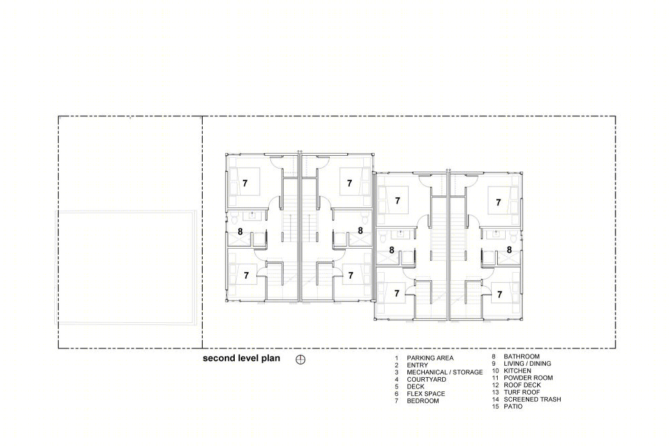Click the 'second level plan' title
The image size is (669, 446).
click(241, 358)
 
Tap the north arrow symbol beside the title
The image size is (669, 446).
click(301, 360)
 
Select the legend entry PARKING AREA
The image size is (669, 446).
click(430, 358)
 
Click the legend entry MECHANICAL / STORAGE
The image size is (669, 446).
click(445, 372)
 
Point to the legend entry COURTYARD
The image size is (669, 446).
click(426, 380)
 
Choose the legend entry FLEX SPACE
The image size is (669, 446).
click(425, 394)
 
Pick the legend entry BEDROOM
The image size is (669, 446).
click(423, 401)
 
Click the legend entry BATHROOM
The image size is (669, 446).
click(521, 356)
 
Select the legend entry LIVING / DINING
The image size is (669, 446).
click(527, 364)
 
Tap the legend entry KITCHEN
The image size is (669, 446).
click(518, 371)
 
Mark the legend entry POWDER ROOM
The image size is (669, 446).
click(529, 378)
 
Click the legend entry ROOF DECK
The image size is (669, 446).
click(522, 385)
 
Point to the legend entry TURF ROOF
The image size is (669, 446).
click(522, 393)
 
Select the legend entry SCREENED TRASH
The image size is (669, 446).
click(533, 399)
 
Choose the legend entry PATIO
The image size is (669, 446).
click(513, 407)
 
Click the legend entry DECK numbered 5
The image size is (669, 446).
click(415, 386)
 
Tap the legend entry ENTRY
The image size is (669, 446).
click(417, 365)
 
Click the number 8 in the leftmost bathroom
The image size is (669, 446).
click(240, 231)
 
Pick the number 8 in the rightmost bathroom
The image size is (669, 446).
click(509, 250)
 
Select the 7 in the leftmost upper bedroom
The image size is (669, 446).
click(245, 183)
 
